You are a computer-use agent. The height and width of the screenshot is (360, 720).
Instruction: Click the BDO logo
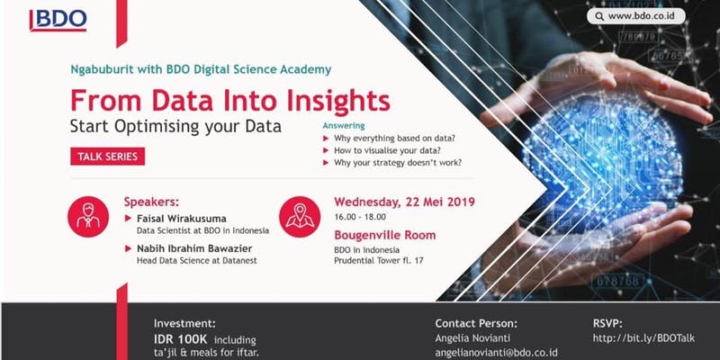tap(58, 21)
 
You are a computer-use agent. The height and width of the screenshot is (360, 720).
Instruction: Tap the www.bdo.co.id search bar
tap(636, 16)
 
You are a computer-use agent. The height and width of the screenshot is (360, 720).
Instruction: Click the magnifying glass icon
tap(599, 16)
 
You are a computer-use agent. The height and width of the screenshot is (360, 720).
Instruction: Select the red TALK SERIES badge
tap(107, 156)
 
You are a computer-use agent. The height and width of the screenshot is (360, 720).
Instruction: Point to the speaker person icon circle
tap(88, 217)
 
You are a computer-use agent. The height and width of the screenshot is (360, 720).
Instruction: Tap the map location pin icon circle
tap(300, 217)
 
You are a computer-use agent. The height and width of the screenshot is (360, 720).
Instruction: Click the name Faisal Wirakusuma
tap(182, 218)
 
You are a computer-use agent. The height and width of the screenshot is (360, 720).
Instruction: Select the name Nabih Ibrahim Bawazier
tap(194, 248)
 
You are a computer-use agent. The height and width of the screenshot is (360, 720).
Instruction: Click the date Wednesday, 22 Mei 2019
tap(404, 202)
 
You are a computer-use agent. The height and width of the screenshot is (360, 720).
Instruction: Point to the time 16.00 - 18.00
tap(360, 217)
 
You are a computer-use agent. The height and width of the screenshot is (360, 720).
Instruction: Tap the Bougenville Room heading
tap(385, 235)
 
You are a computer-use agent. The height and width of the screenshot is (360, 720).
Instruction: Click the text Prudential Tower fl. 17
tap(379, 261)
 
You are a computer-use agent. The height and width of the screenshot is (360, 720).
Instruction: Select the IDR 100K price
tap(181, 340)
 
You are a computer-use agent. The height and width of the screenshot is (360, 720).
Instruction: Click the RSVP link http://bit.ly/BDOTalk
tap(643, 339)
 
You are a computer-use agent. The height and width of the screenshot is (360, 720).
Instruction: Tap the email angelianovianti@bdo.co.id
tap(497, 353)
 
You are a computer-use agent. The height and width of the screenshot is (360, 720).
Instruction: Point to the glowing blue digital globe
tap(601, 156)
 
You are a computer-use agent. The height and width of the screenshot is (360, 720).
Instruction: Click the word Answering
tap(344, 126)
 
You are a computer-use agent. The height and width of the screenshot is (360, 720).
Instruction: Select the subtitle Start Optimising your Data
tap(175, 126)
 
